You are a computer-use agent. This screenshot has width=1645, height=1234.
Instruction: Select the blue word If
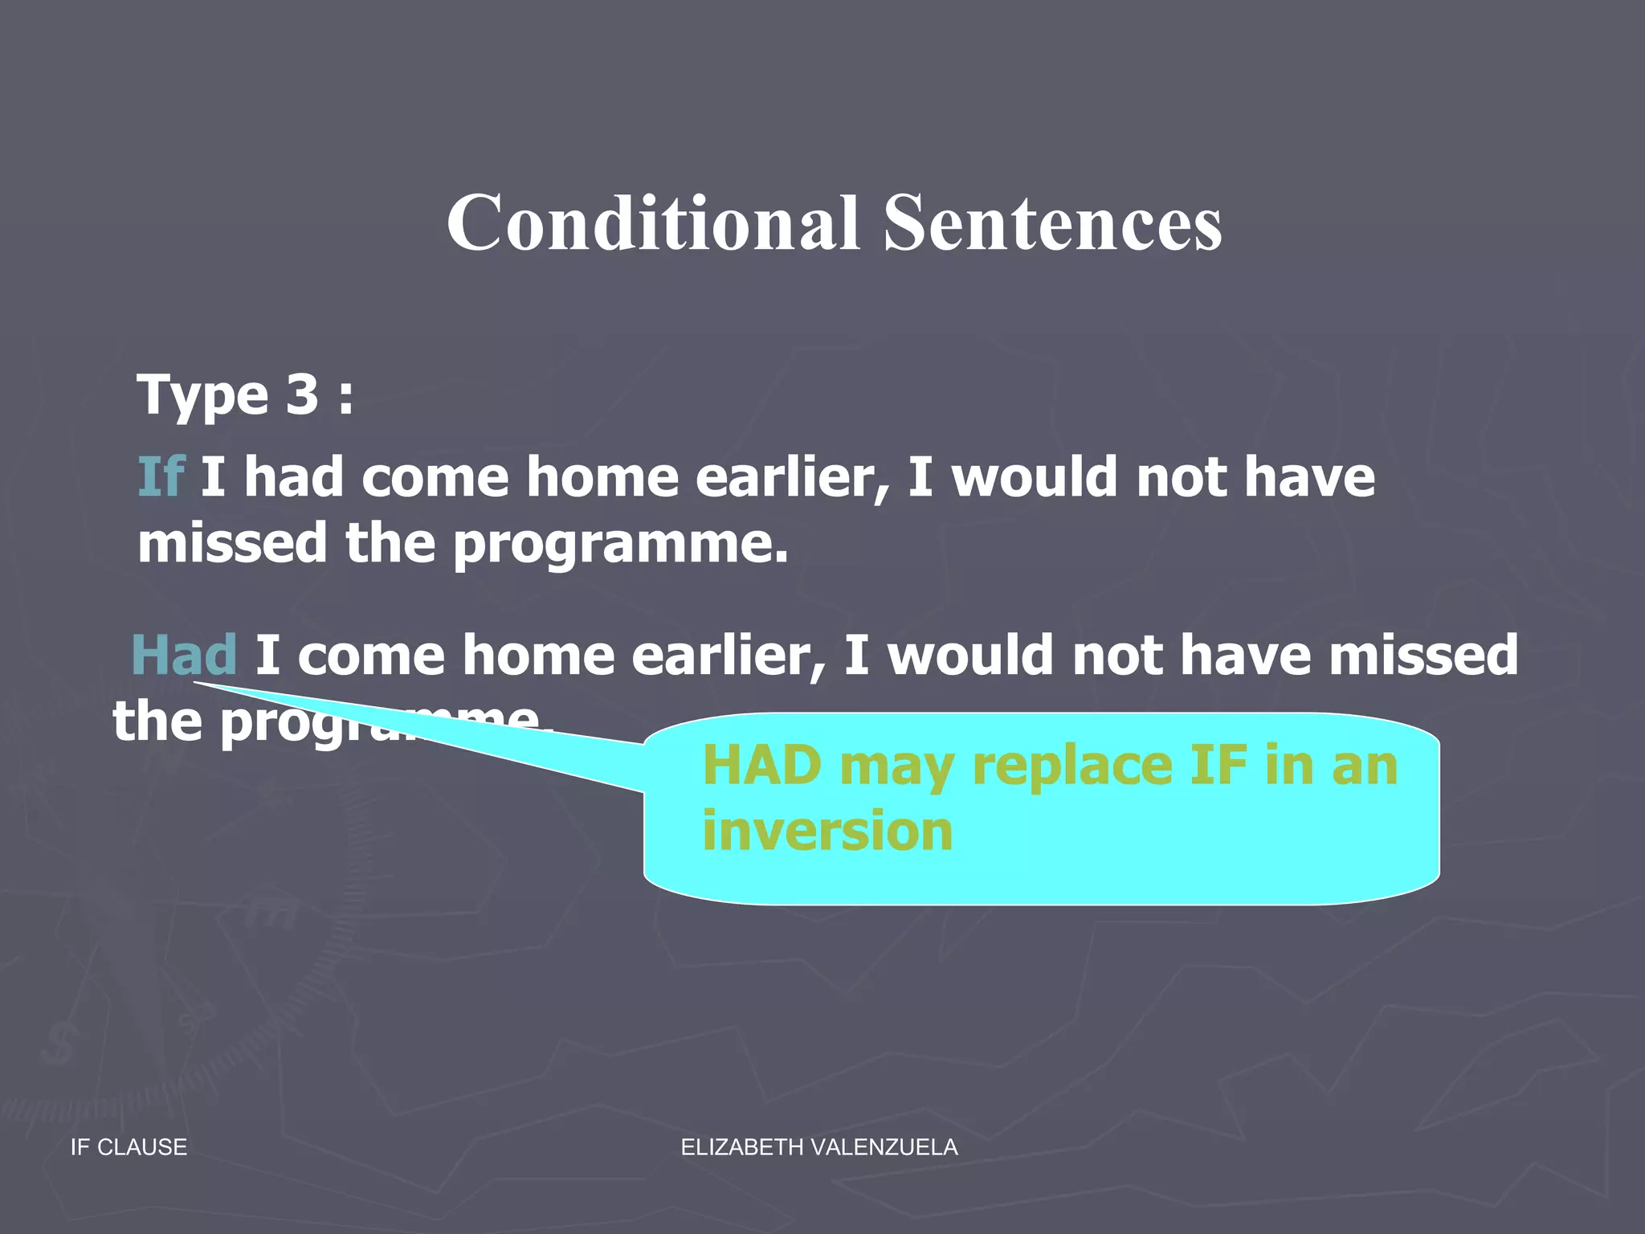click(x=161, y=477)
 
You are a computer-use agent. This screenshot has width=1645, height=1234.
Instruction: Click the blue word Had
click(x=184, y=655)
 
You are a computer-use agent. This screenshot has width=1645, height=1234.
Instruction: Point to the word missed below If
click(x=232, y=543)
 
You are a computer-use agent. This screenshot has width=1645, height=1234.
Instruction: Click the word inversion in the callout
click(x=827, y=831)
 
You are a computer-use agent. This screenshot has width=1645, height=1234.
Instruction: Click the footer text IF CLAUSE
click(x=129, y=1147)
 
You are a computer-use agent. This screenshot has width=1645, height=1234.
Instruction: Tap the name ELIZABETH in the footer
click(x=742, y=1147)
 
